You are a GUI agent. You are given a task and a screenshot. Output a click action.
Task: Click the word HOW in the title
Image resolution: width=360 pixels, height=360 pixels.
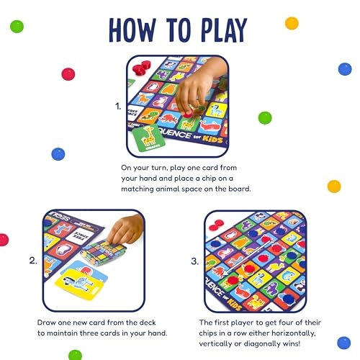tap(132, 30)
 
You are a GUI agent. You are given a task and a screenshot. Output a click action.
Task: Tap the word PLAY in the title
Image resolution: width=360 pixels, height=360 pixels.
tap(224, 30)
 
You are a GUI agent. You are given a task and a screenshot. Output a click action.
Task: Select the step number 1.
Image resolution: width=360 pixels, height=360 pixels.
tap(118, 106)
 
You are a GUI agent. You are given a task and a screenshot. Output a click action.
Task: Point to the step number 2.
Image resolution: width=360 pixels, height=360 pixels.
tap(33, 261)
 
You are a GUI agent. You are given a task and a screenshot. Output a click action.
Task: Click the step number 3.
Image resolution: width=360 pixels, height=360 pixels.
tap(195, 261)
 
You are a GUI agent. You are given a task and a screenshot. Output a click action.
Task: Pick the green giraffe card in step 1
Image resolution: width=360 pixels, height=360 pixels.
tap(149, 139)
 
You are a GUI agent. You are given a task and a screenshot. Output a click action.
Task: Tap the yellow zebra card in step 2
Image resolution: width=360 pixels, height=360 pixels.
tap(78, 284)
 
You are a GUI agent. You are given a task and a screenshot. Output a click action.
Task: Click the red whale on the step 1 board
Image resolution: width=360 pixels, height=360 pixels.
tap(210, 126)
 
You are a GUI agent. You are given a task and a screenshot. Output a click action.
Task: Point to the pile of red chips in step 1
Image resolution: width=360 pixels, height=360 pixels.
tap(141, 67)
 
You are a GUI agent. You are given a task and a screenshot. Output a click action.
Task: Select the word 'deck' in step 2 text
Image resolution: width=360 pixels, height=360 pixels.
tap(148, 323)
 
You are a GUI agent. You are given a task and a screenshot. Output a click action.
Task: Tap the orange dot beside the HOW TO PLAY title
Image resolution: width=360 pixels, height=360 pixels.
tap(292, 24)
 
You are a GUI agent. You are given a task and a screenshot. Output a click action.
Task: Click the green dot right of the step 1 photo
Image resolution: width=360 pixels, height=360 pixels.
tap(265, 118)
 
